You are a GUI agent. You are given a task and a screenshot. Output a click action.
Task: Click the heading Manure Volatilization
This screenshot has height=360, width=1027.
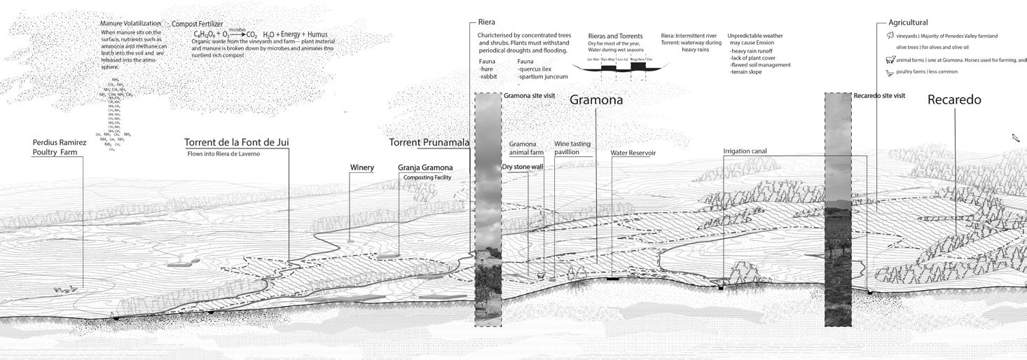click(130, 24)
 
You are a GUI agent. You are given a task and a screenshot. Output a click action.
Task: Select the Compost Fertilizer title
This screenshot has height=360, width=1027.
click(198, 24)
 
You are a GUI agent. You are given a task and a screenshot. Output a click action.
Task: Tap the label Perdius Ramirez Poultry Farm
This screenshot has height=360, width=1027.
click(60, 147)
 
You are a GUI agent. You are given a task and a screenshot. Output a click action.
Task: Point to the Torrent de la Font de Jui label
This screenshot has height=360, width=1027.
click(236, 142)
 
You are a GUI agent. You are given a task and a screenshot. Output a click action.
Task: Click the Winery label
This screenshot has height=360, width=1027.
click(361, 167)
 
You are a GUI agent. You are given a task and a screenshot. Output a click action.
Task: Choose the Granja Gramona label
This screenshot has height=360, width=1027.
click(425, 167)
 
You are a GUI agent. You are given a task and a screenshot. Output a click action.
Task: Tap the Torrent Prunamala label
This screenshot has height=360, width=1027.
click(429, 142)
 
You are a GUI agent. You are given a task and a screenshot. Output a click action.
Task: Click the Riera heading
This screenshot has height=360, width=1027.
click(486, 22)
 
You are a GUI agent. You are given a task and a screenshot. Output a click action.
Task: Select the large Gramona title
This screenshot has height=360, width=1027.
click(595, 99)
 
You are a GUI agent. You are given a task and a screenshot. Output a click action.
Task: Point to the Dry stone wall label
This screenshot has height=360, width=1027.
click(522, 167)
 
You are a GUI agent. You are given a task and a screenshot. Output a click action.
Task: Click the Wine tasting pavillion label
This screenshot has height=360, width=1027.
click(572, 148)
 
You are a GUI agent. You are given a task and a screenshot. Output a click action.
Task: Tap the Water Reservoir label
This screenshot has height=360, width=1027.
click(633, 153)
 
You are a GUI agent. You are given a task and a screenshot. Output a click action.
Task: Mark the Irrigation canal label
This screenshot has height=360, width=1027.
click(745, 151)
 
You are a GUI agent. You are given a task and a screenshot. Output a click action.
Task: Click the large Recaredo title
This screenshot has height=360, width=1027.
click(953, 99)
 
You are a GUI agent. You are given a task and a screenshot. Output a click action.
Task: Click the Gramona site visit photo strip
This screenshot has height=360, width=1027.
click(488, 210)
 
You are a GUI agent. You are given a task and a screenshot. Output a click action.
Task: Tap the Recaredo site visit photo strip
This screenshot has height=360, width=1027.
click(838, 210)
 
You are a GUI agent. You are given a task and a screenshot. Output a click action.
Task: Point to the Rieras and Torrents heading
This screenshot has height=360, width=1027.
click(615, 36)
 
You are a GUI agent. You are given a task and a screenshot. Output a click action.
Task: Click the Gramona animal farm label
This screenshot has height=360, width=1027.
click(526, 148)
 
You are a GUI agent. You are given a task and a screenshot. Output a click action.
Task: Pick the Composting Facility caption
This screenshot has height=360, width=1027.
click(427, 178)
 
